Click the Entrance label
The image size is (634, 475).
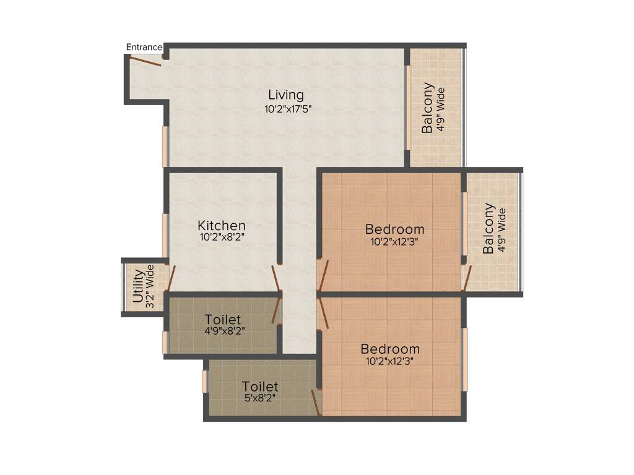(144, 47)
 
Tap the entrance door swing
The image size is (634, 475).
(146, 60)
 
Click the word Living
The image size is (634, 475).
(286, 95)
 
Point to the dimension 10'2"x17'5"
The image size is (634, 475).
(286, 109)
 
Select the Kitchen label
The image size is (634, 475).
(222, 226)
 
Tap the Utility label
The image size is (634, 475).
(137, 285)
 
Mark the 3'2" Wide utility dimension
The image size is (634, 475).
(149, 285)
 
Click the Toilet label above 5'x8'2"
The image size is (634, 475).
(260, 387)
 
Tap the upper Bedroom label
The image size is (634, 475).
(394, 229)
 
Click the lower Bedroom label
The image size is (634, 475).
(390, 349)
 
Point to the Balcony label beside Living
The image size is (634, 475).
(428, 108)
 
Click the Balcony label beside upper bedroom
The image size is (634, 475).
(489, 228)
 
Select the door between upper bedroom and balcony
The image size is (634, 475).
(467, 278)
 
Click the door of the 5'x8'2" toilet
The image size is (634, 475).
(315, 402)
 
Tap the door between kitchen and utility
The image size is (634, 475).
(171, 278)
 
